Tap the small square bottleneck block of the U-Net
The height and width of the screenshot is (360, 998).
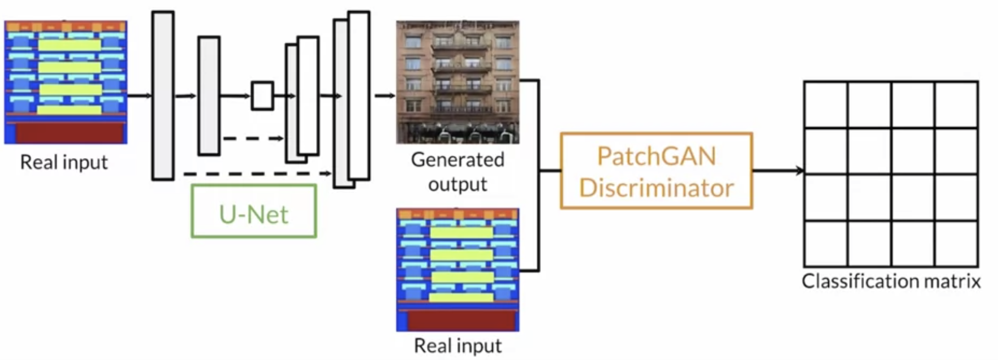[262, 96]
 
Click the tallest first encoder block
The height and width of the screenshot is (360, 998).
[163, 95]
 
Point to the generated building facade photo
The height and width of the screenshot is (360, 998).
[458, 82]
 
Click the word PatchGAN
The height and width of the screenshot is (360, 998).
[657, 156]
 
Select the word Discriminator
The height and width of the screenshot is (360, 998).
[657, 188]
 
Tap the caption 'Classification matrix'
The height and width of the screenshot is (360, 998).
[891, 281]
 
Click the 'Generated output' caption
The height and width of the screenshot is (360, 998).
[458, 171]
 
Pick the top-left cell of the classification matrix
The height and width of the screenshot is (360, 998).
[826, 104]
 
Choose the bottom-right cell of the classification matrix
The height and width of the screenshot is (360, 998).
[957, 244]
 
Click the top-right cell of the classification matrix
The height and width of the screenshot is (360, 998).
[957, 104]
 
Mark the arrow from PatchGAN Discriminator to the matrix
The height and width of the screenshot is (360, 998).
[778, 171]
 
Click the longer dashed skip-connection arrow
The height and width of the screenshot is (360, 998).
[258, 173]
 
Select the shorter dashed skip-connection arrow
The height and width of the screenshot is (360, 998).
[254, 138]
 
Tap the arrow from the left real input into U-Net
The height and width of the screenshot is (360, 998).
[139, 95]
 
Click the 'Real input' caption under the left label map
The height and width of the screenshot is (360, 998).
[64, 162]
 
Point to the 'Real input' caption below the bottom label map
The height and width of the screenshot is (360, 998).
[458, 346]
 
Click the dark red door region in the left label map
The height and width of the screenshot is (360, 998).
[70, 132]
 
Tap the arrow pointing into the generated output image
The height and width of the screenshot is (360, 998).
[385, 95]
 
